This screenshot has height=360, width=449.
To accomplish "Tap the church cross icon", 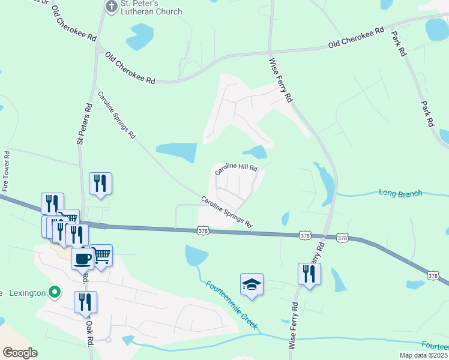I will (110, 7).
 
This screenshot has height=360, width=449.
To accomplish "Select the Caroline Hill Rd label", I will (237, 169).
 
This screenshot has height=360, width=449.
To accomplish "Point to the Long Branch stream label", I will (400, 193).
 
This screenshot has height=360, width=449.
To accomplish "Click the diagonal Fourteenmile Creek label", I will (231, 305).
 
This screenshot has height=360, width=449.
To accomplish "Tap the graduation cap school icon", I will (252, 284).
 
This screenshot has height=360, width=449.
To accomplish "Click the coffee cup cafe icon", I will (82, 259).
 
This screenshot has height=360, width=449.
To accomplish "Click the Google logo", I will (20, 352).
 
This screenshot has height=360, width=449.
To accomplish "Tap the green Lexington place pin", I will (55, 293).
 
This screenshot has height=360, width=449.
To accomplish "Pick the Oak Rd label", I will (89, 330).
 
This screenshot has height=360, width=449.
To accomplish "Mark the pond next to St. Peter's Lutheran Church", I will (140, 35).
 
